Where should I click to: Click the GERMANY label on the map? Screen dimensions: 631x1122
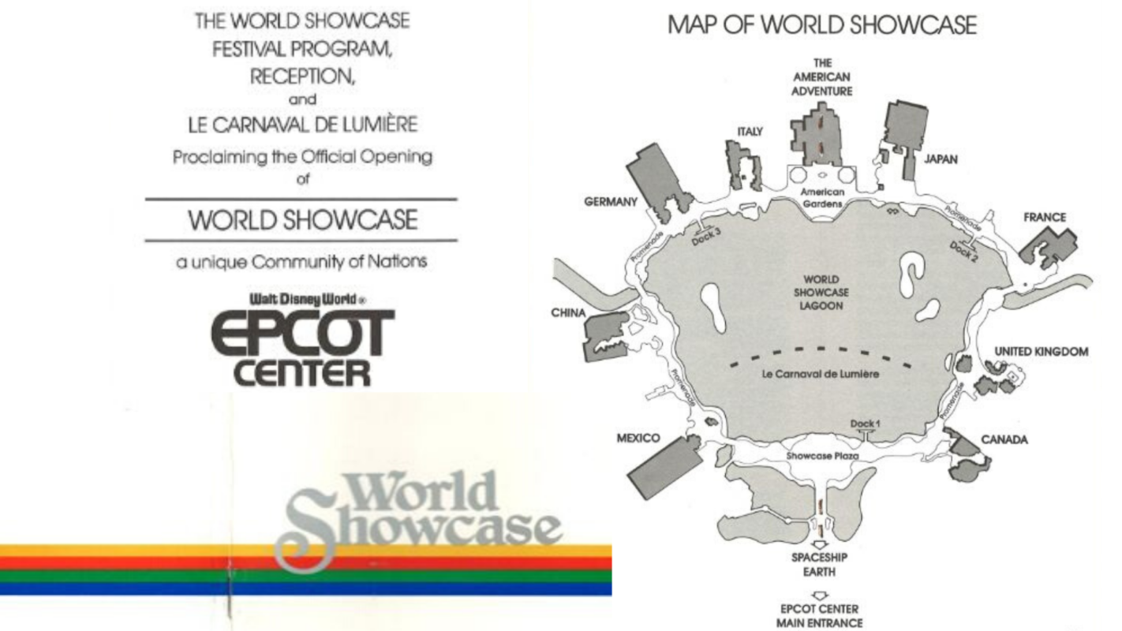610,202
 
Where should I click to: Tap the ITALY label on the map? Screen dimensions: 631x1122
750,132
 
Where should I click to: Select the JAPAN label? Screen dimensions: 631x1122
941,159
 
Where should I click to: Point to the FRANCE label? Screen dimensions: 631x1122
1045,217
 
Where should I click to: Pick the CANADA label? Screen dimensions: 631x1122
1004,439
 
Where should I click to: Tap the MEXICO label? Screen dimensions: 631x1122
638,438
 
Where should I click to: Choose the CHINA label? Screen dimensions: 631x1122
568,313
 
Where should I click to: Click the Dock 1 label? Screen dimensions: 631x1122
866,424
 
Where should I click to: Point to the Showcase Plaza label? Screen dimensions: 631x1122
822,456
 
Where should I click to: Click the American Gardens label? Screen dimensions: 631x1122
822,197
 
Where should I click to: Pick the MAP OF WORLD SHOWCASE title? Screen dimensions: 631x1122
821,25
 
